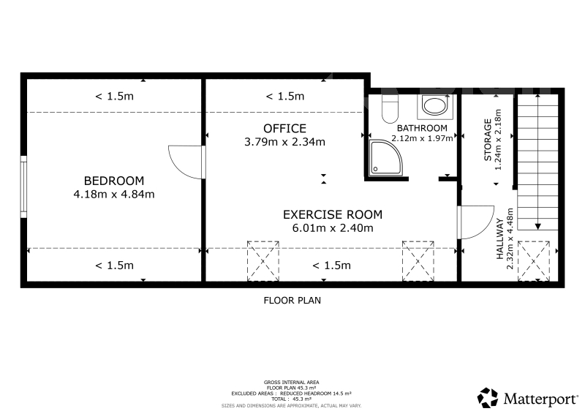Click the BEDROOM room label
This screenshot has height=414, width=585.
[x=114, y=181]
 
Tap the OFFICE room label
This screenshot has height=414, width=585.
[x=284, y=129]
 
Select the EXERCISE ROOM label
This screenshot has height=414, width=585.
[x=333, y=214]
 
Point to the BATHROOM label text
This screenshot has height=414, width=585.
[x=422, y=128]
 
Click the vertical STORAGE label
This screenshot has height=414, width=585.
[x=488, y=140]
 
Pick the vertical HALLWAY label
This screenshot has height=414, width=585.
[x=500, y=239]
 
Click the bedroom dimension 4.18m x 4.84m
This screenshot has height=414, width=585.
[x=114, y=194]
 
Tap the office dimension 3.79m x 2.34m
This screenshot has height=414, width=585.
[x=284, y=142]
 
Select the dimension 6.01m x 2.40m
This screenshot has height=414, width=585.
[x=333, y=227]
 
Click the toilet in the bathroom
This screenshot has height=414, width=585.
[x=390, y=109]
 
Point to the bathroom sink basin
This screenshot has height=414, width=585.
[x=434, y=105]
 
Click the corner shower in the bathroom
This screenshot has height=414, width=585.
[x=386, y=157]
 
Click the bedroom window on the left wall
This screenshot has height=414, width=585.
[x=23, y=187]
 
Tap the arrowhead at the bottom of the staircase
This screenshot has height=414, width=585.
[x=537, y=227]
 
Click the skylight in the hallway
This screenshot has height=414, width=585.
[x=534, y=261]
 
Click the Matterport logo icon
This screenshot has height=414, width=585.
[x=488, y=398]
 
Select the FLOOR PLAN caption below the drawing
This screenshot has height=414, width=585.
[x=292, y=301]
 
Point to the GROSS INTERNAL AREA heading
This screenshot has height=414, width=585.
[x=291, y=383]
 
